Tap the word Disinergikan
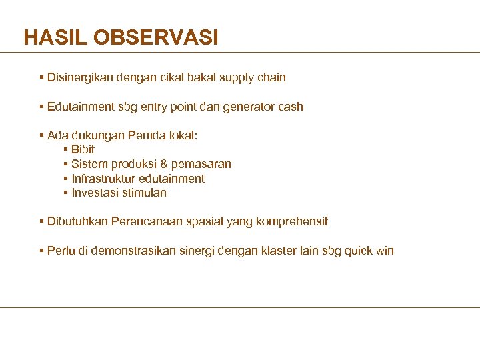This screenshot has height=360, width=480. point(80,77)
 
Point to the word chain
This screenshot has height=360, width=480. point(271,77)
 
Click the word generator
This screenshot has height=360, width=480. point(248,107)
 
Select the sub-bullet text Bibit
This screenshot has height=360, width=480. point(83,149)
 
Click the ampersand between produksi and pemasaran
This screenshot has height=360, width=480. point(165,164)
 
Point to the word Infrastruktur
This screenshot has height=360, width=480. point(103,179)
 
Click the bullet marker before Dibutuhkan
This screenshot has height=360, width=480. point(41,221)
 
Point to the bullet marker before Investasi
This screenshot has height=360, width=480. point(65,193)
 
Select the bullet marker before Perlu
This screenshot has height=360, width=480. point(41,251)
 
